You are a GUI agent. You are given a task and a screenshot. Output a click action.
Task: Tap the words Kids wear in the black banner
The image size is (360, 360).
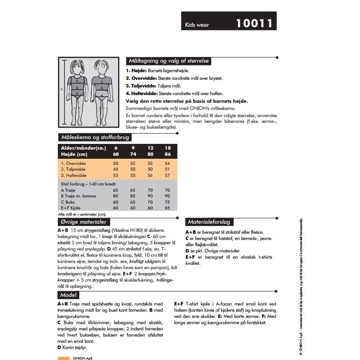coord(197,25)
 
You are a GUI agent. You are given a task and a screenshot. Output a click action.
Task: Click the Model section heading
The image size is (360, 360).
coord(68,295)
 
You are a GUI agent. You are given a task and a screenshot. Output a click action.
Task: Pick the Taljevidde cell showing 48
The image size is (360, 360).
coord(116,169)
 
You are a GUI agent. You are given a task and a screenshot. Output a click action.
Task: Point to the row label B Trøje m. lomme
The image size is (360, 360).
coord(78,196)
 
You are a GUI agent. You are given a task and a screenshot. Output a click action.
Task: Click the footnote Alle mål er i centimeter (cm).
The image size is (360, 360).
coord(78,215)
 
